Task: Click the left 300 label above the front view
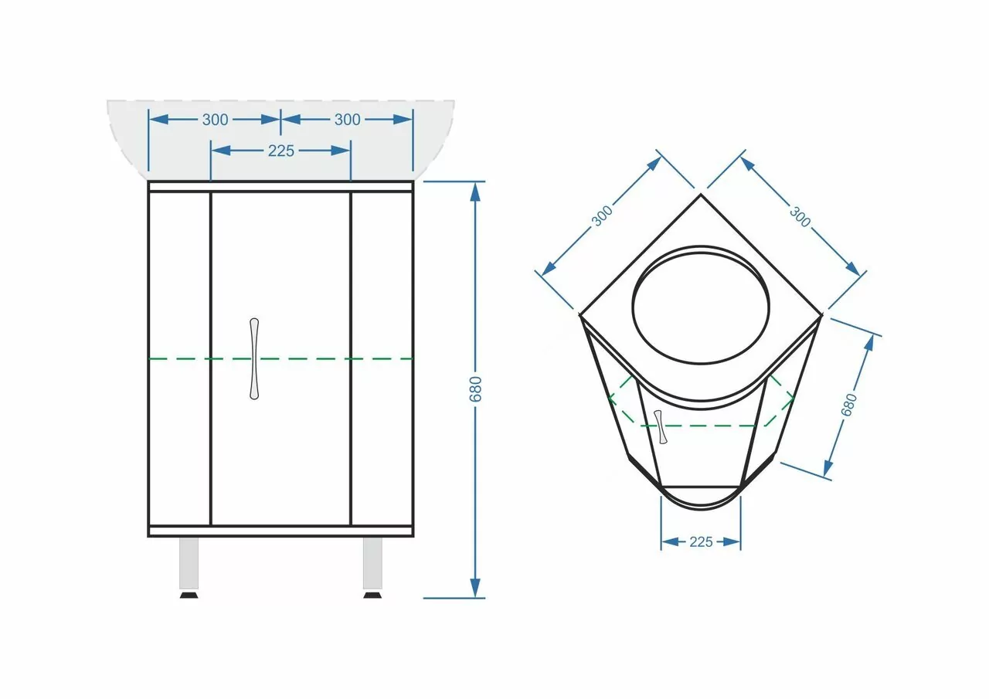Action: coord(215,120)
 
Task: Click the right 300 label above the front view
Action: coord(347,120)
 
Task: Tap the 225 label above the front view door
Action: coord(280,151)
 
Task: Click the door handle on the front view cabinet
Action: coord(254,358)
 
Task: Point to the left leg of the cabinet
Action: coord(189,563)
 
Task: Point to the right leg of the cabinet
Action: coord(372,563)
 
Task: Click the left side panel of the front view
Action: coord(179,358)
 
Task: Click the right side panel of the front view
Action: coord(382,358)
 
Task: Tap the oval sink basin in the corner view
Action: coord(700,305)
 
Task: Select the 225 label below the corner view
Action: coord(700,542)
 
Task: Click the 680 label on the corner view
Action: coord(850,405)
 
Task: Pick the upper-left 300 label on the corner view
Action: coord(602,215)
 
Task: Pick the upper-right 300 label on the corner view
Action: coord(800,216)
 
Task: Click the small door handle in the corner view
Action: coord(659,427)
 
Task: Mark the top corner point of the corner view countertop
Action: coord(701,194)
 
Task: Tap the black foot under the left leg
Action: coord(189,595)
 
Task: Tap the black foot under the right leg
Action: coord(372,595)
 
